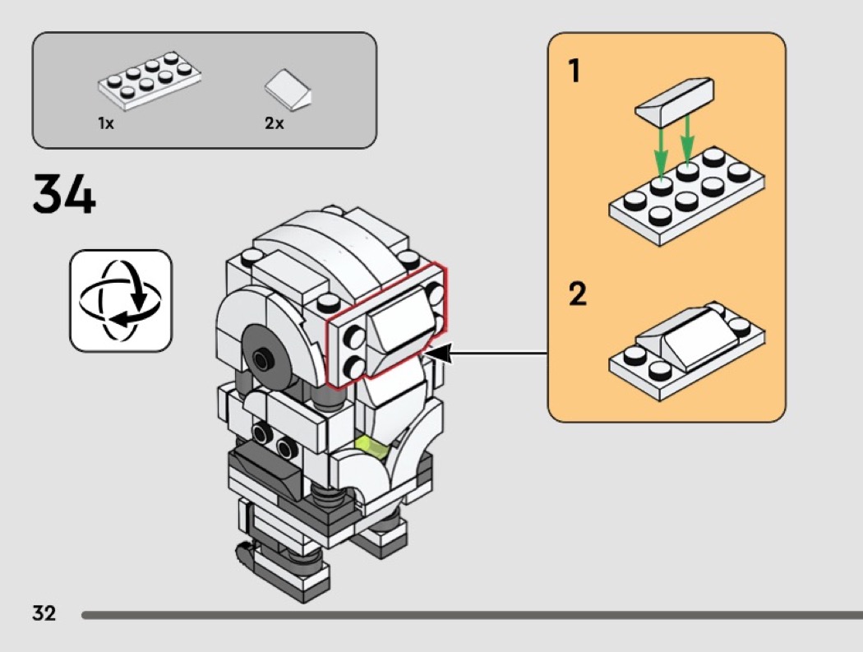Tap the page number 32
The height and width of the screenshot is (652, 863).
44,613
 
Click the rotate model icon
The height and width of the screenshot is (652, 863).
121,301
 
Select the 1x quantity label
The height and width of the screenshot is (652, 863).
105,123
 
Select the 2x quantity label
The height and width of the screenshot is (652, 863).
274,123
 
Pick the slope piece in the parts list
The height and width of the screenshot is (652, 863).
288,88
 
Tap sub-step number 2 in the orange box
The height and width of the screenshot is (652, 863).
578,294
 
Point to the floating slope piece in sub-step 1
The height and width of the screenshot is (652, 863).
674,99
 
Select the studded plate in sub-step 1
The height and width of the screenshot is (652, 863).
686,198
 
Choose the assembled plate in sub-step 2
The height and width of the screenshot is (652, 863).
686,349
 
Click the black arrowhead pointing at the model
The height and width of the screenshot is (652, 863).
439,354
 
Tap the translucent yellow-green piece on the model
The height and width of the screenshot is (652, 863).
372,447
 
